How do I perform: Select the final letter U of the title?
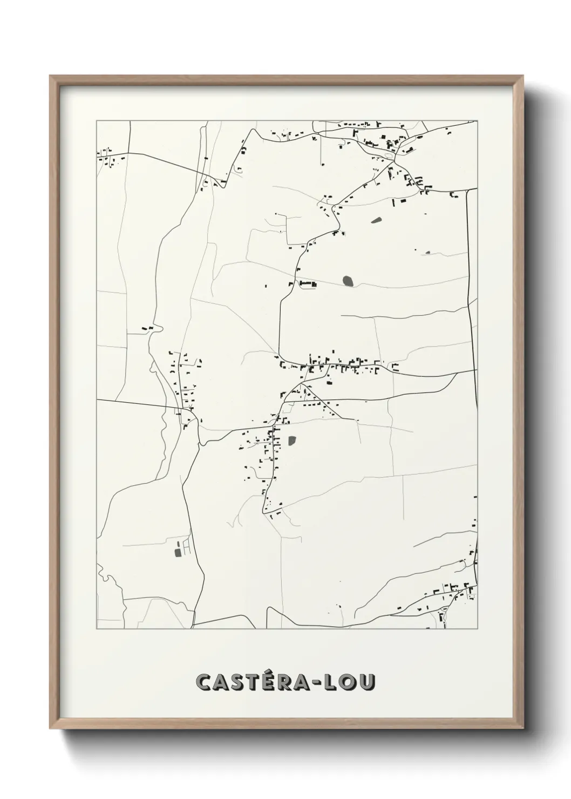pos(365,682)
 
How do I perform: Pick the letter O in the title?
pos(348,682)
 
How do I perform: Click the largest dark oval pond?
pos(348,281)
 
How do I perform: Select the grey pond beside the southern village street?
pos(292,441)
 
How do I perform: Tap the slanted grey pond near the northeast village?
pos(376,220)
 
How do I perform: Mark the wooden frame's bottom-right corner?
pos(524,729)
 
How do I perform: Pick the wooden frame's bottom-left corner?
pos(51,729)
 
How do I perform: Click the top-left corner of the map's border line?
pos(97,120)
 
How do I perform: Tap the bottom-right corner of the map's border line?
pos(478,628)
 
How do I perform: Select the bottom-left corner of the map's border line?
pos(97,628)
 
